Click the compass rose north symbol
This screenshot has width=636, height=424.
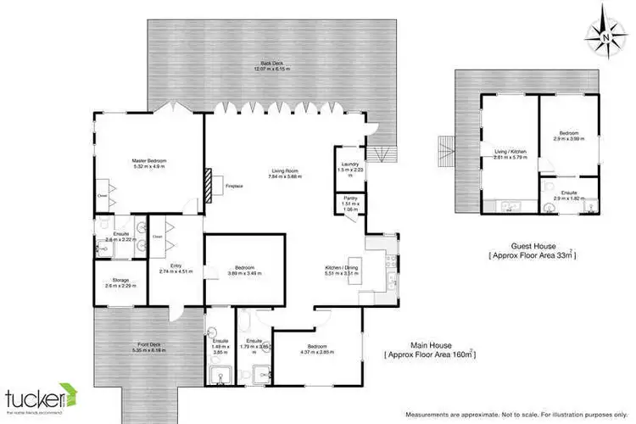[603, 35]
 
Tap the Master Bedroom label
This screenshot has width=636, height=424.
[148, 160]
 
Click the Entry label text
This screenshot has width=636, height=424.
[176, 266]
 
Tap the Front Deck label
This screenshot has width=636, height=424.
[148, 343]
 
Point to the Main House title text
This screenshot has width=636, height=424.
[429, 343]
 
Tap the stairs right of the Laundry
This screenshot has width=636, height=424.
[387, 155]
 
